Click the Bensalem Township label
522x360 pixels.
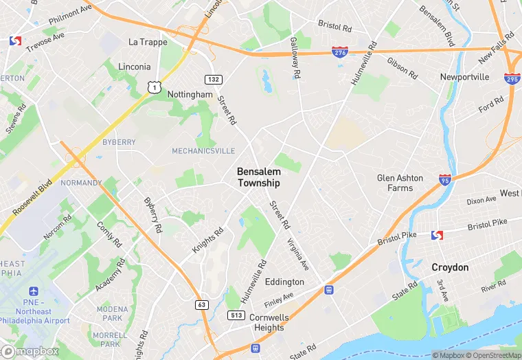coord(258,177)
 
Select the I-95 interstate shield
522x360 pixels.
coord(444,179)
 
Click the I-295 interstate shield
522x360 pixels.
coord(512,78)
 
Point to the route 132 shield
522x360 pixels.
coord(214,80)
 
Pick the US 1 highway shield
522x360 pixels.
coord(155,85)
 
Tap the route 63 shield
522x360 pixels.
coord(202,304)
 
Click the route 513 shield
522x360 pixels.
coord(236,314)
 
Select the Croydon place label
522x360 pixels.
coord(450,267)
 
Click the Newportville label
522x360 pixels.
coord(464,77)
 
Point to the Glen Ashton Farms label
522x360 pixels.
coord(400,183)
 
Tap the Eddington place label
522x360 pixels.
coord(284,282)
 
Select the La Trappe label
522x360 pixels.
coord(148,42)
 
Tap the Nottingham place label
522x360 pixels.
coord(190,94)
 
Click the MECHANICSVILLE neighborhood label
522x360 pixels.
coord(203,151)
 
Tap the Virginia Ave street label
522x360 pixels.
coord(299,254)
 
